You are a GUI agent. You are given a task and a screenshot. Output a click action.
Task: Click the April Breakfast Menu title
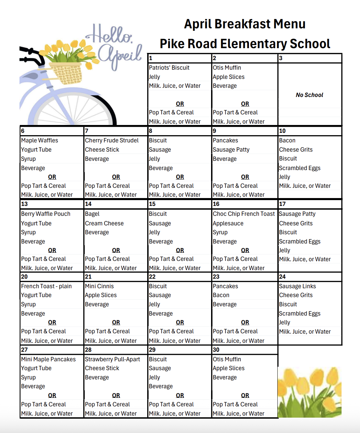245,24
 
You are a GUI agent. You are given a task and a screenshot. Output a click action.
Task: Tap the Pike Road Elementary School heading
245,44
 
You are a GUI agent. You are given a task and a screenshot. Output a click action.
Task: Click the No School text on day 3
309,95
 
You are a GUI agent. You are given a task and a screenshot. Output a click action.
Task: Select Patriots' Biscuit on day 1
169,68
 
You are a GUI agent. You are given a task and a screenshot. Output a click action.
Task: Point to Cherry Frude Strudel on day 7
112,140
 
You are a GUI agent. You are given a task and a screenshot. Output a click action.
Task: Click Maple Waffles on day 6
40,140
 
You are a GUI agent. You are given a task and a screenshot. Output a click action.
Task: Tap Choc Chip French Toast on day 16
244,214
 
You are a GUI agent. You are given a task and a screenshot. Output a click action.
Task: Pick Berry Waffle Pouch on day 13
46,214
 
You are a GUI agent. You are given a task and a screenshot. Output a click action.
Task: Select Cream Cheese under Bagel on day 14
104,223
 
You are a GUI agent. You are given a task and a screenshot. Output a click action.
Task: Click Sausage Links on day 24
297,286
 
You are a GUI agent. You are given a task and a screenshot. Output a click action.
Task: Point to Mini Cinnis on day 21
99,286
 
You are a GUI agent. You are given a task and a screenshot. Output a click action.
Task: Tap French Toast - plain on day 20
46,286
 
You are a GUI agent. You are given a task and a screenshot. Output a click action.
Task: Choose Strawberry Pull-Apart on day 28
112,359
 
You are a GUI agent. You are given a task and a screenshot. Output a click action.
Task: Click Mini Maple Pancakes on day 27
49,359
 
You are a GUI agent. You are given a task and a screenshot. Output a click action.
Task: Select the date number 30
216,350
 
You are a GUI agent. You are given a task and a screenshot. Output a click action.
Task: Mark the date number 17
282,204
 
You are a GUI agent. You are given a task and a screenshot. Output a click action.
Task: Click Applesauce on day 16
228,223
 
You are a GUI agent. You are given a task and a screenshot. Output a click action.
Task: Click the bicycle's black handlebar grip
27,51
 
